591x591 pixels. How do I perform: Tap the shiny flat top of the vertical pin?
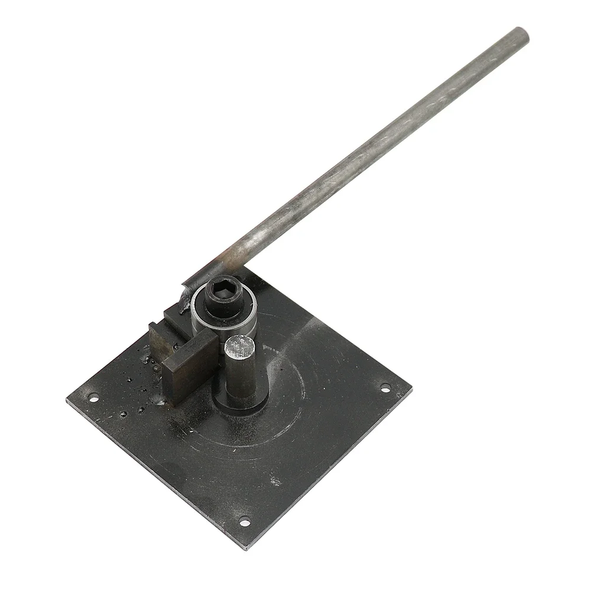pos(241,346)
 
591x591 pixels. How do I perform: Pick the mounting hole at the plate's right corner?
pos(385,388)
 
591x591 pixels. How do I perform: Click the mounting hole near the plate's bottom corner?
pos(243,521)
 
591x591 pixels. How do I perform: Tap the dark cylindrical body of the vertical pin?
pos(242,378)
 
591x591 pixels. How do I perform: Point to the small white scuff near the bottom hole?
pos(275,482)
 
